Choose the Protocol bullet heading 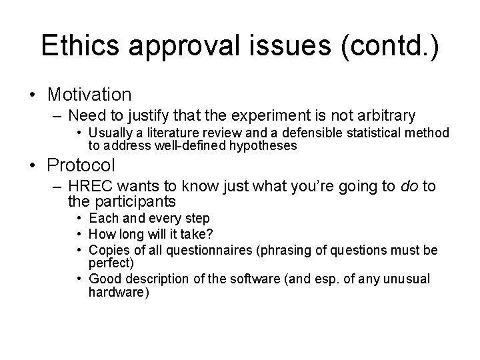tap(82, 165)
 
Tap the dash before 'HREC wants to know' tap(59, 186)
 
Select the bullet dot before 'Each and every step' tap(78, 218)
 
